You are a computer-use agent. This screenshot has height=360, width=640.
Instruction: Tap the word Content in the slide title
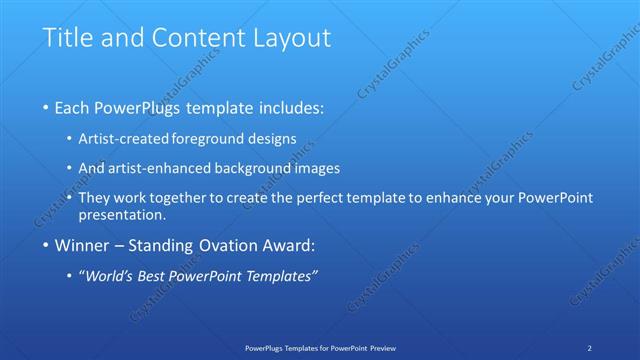pos(193,38)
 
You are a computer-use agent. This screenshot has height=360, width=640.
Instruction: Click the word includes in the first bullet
pos(291,107)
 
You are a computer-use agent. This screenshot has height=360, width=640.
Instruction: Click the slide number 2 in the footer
pos(590,347)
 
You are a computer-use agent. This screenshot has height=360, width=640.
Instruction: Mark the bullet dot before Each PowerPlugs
pos(46,107)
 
